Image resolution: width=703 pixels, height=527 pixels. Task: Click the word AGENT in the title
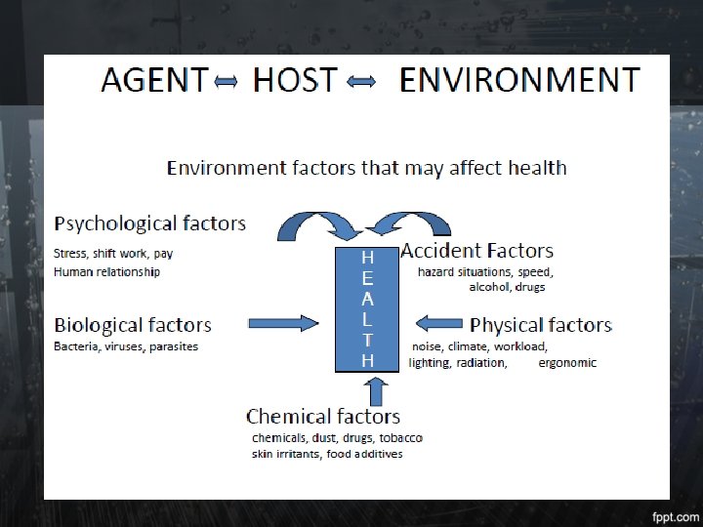(154, 80)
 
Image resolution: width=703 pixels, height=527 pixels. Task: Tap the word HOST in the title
(295, 80)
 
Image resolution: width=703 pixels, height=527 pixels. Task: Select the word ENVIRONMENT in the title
(519, 80)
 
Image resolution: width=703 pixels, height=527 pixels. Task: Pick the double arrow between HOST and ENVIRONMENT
(362, 83)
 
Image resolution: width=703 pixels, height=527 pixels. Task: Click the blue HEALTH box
(367, 308)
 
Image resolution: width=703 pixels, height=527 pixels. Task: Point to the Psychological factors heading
(149, 223)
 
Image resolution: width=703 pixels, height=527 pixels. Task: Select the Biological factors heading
(133, 325)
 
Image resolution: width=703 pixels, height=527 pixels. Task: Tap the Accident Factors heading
(477, 251)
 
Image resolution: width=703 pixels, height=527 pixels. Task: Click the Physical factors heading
(541, 325)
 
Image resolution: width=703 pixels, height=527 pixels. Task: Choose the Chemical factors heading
(323, 417)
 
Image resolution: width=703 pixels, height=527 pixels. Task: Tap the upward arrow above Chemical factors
(377, 389)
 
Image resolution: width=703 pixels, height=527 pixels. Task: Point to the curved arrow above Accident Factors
(408, 225)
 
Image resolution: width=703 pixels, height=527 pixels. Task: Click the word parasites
(174, 346)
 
